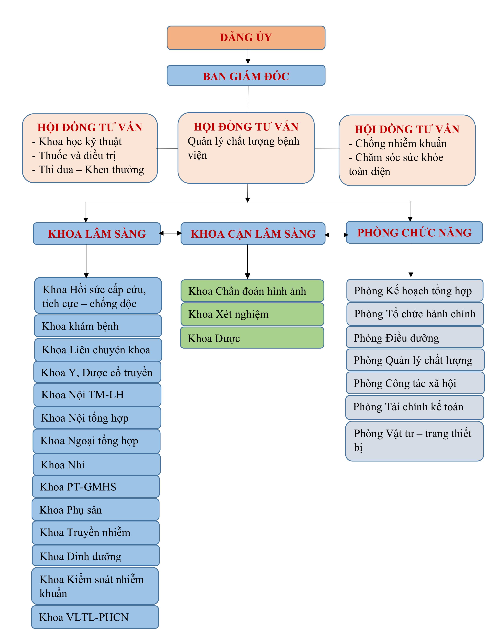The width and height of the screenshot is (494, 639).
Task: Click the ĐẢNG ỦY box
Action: tap(246, 38)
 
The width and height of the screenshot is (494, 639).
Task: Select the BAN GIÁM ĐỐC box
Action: tap(246, 76)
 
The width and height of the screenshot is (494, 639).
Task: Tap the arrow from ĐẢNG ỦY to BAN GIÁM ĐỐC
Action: tap(248, 57)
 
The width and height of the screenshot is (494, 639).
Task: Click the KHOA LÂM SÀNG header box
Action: tap(97, 234)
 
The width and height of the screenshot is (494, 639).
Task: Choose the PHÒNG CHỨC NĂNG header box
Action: tap(414, 232)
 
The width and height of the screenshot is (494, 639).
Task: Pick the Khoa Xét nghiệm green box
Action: tap(252, 314)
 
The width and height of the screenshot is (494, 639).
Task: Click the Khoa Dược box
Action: tap(252, 338)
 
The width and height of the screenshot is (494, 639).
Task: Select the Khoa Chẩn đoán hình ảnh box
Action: tap(252, 291)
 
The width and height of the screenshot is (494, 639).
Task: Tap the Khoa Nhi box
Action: tap(97, 465)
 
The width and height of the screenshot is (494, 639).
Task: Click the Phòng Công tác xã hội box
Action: tap(415, 383)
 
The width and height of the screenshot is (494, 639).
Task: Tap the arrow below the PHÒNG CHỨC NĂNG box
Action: tap(411, 260)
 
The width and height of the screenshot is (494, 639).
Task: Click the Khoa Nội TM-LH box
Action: tap(97, 395)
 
